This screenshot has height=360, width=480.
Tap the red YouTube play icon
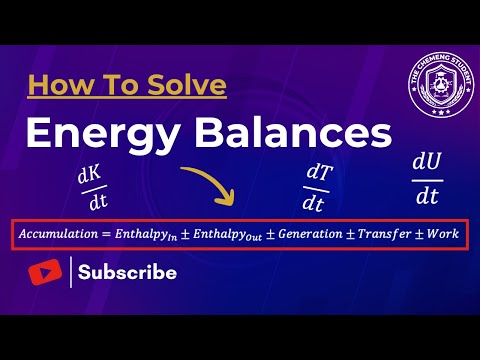click(46, 271)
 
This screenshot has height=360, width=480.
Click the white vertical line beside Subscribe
click(71, 272)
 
